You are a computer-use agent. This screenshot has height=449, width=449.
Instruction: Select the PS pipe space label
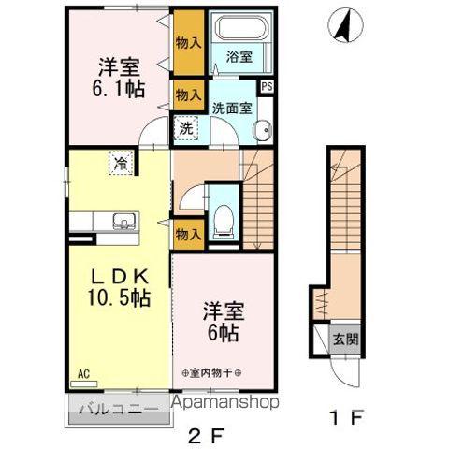click(x=268, y=88)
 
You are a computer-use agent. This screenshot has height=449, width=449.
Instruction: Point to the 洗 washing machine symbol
click(x=186, y=129)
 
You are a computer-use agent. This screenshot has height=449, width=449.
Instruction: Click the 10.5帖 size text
click(x=117, y=298)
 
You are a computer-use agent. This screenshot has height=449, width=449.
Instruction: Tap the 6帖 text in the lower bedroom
click(x=220, y=331)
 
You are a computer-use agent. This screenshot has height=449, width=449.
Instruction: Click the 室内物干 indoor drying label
click(x=212, y=372)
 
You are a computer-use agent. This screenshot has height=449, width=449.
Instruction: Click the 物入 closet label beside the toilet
click(x=188, y=235)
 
